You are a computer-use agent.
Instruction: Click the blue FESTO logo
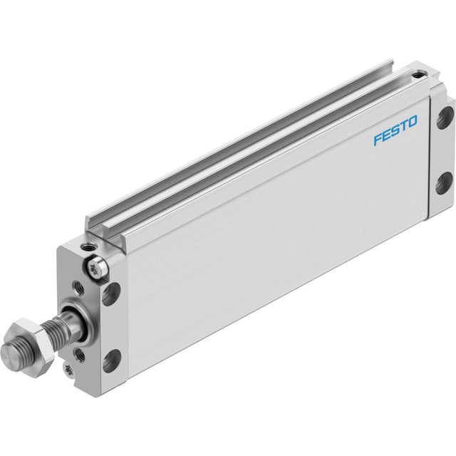click(x=395, y=130)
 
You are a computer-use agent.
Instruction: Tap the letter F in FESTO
click(x=378, y=139)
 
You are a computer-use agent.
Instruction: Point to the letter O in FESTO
click(x=412, y=122)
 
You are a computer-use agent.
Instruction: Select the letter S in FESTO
click(x=394, y=130)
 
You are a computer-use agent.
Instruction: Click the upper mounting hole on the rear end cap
click(x=445, y=118)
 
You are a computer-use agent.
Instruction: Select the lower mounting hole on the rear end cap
click(x=445, y=183)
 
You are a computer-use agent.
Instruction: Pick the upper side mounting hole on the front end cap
click(x=111, y=294)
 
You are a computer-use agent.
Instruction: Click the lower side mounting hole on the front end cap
click(x=112, y=361)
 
